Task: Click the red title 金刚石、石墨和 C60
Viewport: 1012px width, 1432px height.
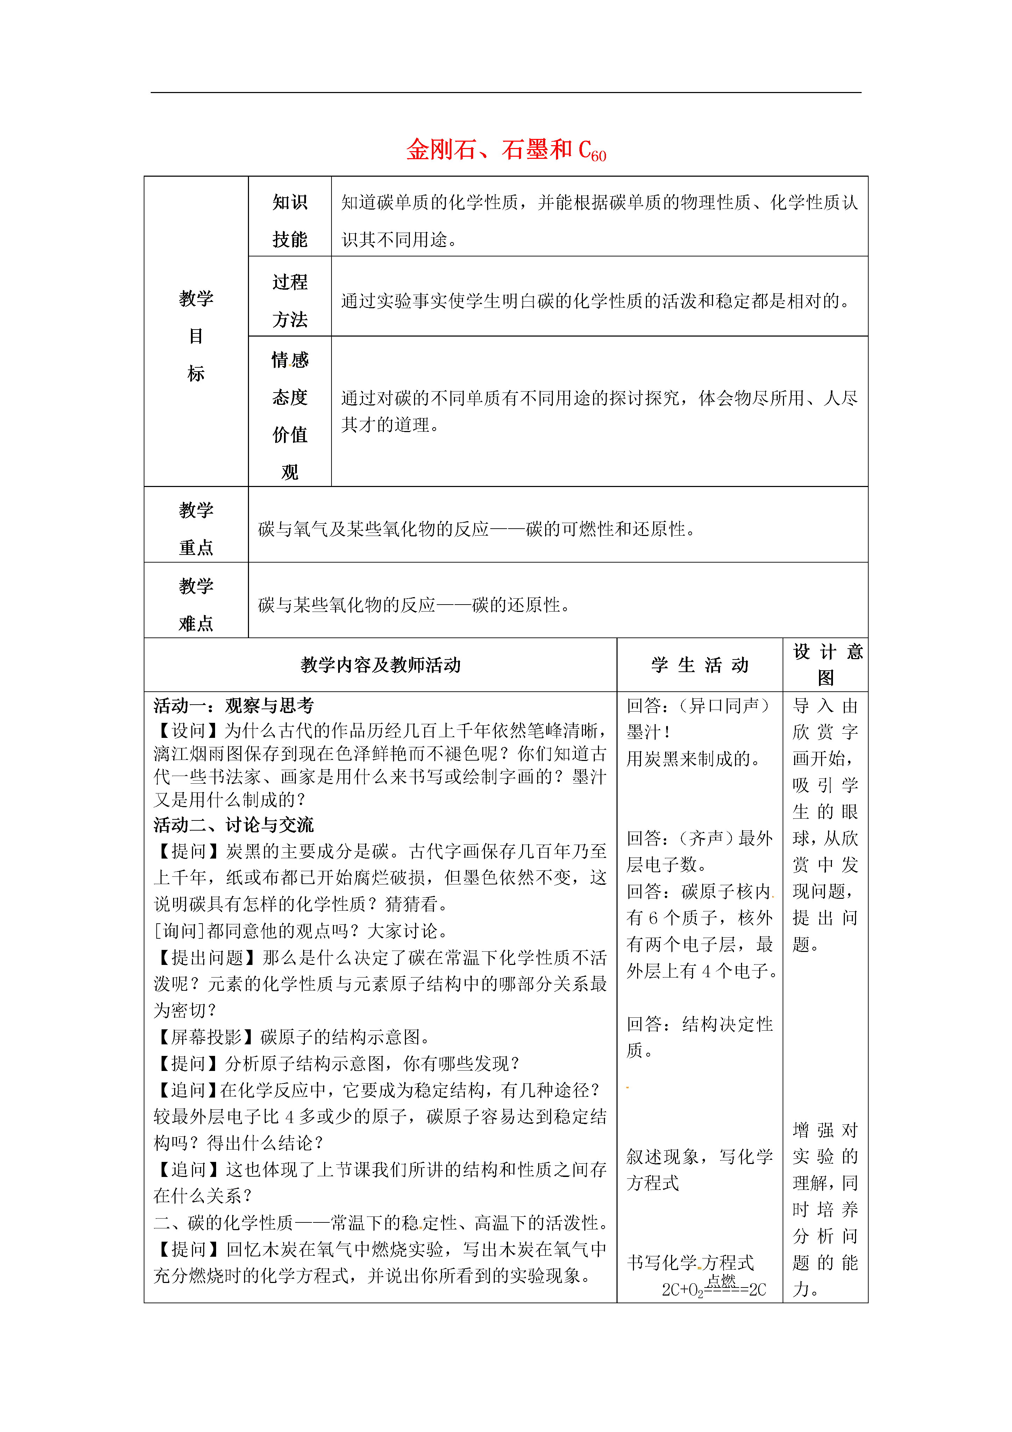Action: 506,150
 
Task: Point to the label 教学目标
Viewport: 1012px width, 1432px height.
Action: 196,336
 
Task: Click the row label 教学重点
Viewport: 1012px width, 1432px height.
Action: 196,528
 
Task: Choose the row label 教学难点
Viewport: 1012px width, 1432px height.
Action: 196,604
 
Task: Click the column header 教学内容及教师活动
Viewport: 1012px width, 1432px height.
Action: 380,665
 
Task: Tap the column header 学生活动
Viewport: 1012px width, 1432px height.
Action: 700,665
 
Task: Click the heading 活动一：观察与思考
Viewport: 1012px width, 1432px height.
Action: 234,705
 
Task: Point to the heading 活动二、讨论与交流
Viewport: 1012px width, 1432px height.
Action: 234,825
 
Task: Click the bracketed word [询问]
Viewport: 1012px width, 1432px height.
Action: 180,931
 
